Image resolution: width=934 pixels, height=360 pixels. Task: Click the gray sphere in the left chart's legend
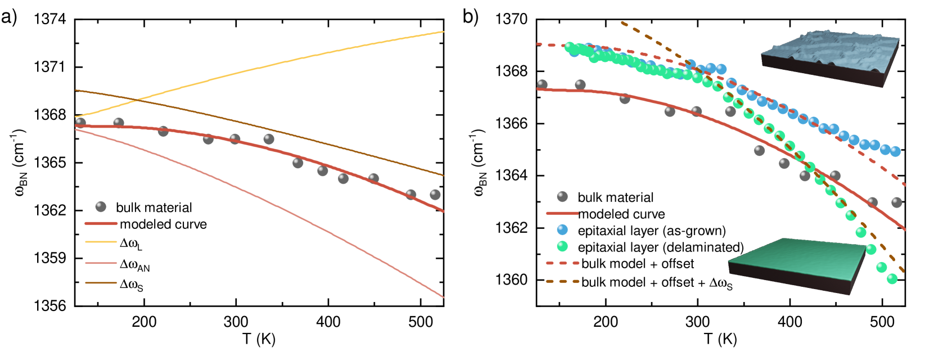(x=101, y=206)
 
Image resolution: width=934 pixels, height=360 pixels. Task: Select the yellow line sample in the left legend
(x=101, y=242)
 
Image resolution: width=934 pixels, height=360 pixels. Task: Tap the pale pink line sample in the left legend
(x=101, y=263)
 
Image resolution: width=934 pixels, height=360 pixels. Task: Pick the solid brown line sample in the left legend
(x=101, y=283)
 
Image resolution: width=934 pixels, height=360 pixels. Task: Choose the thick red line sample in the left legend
(x=101, y=223)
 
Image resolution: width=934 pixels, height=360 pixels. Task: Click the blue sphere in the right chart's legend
(x=562, y=229)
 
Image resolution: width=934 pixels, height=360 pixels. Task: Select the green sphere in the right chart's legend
(x=562, y=246)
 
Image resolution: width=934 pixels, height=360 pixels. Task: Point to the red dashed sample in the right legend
(x=562, y=263)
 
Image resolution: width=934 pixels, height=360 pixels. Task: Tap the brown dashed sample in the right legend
(x=562, y=281)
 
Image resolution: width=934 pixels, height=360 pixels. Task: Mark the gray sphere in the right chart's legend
(x=562, y=196)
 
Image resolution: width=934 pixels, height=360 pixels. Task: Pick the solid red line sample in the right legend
(x=562, y=213)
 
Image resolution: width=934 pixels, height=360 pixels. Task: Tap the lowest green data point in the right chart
(x=892, y=278)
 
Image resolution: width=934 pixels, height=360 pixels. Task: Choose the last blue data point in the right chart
(x=895, y=151)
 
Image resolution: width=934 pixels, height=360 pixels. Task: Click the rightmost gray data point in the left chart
(x=435, y=195)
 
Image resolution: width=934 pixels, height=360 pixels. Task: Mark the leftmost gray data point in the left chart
(x=81, y=123)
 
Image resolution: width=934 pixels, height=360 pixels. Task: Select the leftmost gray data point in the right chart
(x=542, y=84)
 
